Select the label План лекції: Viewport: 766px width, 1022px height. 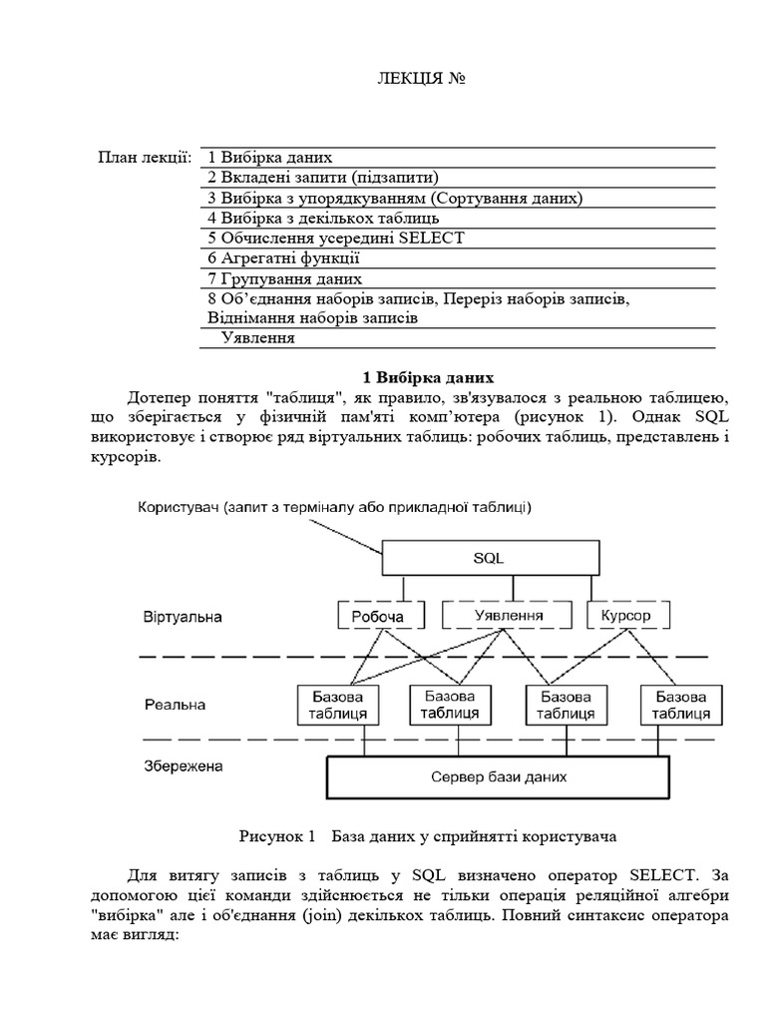(145, 158)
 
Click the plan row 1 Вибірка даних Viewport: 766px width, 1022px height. (269, 158)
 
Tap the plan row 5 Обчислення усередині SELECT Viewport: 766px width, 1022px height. (336, 238)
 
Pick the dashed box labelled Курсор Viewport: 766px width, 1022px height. (625, 615)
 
